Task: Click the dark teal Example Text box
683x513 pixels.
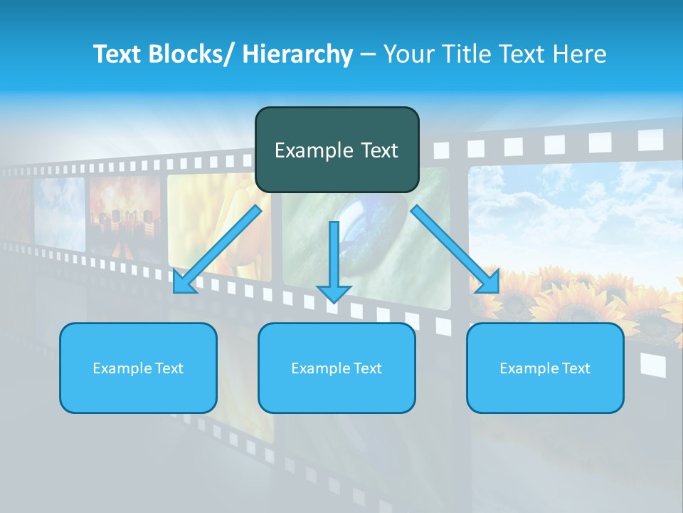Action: (337, 150)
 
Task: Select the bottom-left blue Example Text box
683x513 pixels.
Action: (138, 368)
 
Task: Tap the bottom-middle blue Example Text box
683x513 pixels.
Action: (337, 368)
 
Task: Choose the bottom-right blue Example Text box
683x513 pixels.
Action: (545, 368)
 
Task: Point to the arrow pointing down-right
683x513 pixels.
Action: (455, 249)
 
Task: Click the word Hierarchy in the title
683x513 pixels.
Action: (297, 54)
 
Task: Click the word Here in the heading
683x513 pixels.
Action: (581, 54)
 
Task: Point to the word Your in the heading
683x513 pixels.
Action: (408, 54)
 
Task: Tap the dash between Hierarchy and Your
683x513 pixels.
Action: (369, 54)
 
